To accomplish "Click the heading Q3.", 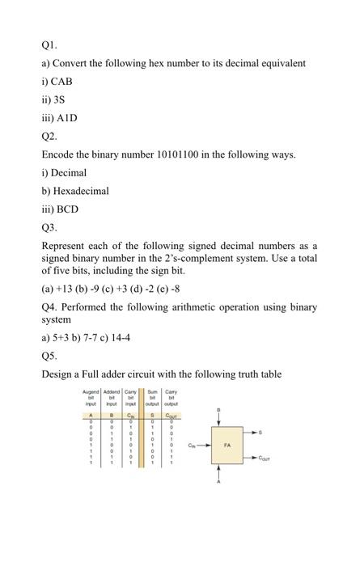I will coord(49,228).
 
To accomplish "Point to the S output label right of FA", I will coord(282,433).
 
